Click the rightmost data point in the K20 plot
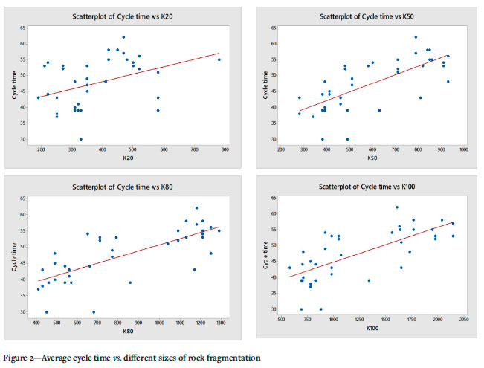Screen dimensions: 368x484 pos(219,59)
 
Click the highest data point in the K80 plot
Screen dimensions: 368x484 pos(196,208)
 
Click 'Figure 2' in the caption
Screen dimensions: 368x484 pos(23,358)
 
